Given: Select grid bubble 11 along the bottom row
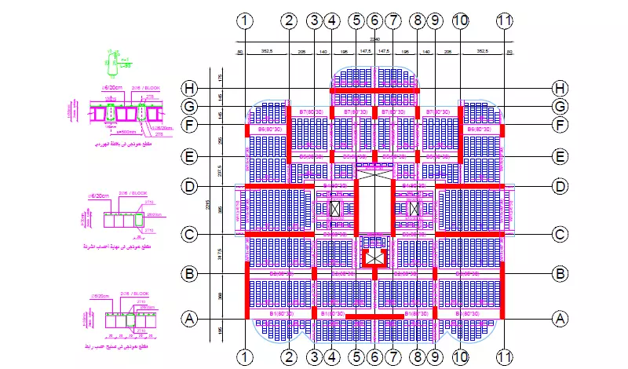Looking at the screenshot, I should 504,356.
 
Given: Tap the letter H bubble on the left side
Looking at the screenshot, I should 188,88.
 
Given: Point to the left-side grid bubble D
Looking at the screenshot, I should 188,186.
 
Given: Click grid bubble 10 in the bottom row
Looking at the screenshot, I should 460,356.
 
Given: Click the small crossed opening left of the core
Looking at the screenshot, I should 335,209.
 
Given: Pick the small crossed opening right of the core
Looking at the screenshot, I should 414,209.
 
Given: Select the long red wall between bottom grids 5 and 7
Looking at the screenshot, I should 374,316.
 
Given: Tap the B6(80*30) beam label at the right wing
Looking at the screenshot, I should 479,128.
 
